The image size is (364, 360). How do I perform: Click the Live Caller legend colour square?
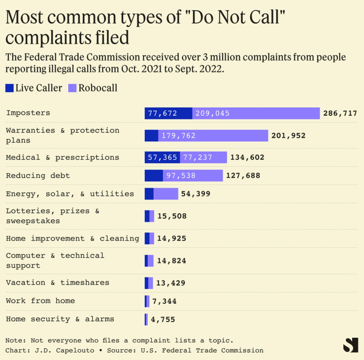tap(9, 88)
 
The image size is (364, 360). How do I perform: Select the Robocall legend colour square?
tap(72, 88)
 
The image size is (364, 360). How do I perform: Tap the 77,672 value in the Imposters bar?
tap(163, 113)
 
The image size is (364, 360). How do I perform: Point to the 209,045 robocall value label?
tap(212, 113)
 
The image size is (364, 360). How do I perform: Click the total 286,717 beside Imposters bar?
tap(340, 113)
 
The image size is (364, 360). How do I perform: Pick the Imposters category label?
tap(28, 113)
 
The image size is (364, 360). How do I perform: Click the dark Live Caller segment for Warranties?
tap(151, 135)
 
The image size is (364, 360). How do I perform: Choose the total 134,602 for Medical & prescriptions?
tap(247, 158)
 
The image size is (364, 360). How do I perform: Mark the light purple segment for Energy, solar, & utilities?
tap(166, 194)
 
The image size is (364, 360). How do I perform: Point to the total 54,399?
tap(196, 194)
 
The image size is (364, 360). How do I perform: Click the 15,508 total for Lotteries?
tap(172, 216)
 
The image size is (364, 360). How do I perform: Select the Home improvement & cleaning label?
tap(72, 238)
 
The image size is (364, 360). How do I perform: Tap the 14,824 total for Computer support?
tap(171, 261)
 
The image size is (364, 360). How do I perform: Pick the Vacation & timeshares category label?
tap(58, 283)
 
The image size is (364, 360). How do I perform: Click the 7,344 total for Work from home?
tap(164, 301)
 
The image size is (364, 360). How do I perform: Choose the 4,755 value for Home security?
tap(163, 319)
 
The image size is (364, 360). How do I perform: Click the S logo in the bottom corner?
tap(350, 344)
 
